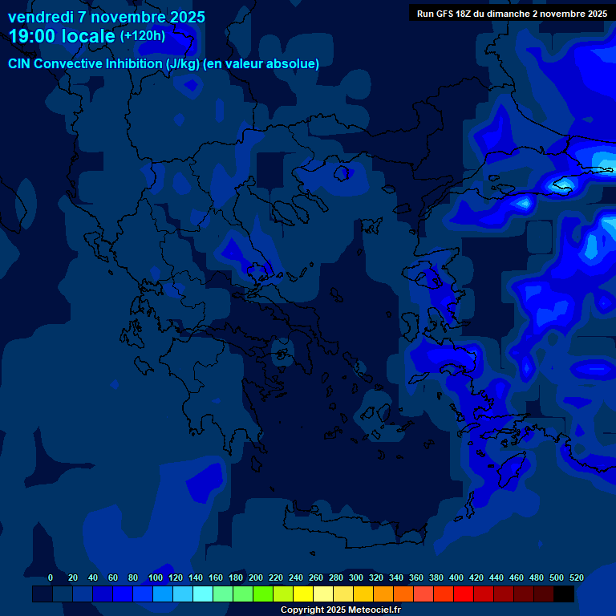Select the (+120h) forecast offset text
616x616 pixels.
142,35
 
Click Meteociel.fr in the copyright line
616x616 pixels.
369,610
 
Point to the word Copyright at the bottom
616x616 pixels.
302,610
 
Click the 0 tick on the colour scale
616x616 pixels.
51,577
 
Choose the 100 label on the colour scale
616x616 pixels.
156,577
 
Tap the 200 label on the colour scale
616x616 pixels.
256,577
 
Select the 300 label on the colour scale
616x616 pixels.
356,577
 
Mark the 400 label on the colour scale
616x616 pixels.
456,577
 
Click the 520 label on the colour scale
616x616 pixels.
577,577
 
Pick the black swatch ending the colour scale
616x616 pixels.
564,594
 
